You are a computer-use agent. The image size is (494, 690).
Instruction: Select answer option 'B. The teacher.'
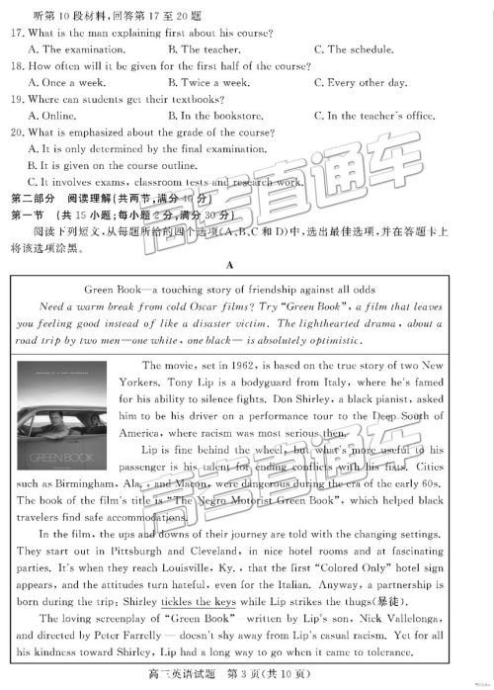coord(198,48)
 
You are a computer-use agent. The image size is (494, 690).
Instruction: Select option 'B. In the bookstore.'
coord(216,116)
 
